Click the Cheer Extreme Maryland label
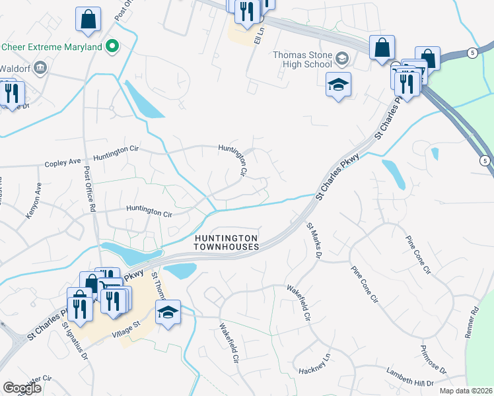tap(52, 47)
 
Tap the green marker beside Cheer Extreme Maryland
tap(112, 46)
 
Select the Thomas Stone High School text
tap(303, 59)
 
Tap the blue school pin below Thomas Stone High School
tap(338, 86)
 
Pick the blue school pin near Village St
tap(168, 311)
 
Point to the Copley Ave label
tap(62, 162)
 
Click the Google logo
tap(22, 388)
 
